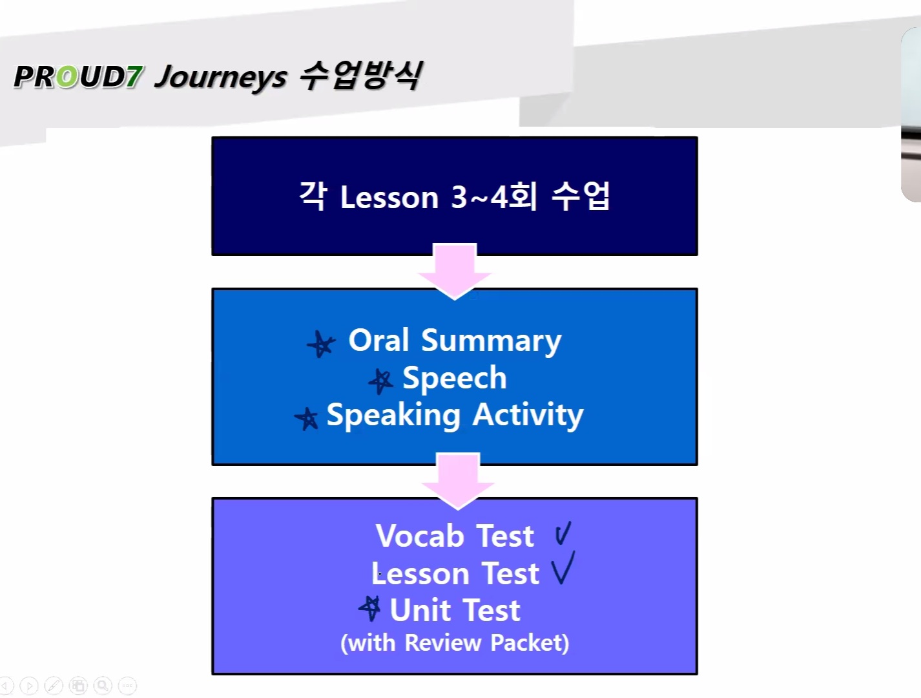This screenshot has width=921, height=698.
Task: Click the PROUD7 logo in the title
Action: pyautogui.click(x=78, y=77)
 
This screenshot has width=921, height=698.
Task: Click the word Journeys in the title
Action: pyautogui.click(x=221, y=78)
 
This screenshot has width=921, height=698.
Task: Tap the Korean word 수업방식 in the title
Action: pyautogui.click(x=361, y=76)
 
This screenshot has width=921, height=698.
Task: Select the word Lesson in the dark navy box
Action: pyautogui.click(x=389, y=197)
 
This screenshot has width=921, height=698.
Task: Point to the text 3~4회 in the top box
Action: pyautogui.click(x=494, y=196)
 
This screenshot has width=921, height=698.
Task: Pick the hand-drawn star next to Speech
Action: pyautogui.click(x=381, y=381)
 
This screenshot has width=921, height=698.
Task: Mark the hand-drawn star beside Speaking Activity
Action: pyautogui.click(x=307, y=418)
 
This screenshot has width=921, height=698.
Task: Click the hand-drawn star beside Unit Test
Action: pyautogui.click(x=371, y=608)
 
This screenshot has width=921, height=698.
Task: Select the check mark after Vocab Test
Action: pyautogui.click(x=563, y=533)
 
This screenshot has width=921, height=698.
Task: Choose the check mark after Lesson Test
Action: pyautogui.click(x=563, y=567)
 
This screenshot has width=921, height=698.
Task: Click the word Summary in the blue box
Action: pyautogui.click(x=491, y=342)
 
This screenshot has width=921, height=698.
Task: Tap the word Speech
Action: pyautogui.click(x=455, y=379)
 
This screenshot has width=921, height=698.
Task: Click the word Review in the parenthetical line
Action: pyautogui.click(x=442, y=642)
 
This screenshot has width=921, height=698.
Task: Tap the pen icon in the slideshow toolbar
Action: pyautogui.click(x=54, y=686)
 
